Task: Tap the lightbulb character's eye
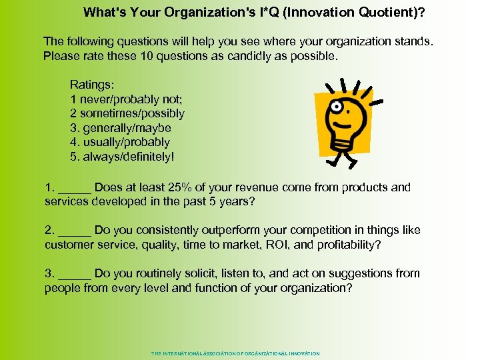pyautogui.click(x=338, y=107)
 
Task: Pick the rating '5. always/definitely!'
pyautogui.click(x=122, y=156)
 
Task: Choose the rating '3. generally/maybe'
pyautogui.click(x=121, y=128)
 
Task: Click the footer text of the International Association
pyautogui.click(x=235, y=353)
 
